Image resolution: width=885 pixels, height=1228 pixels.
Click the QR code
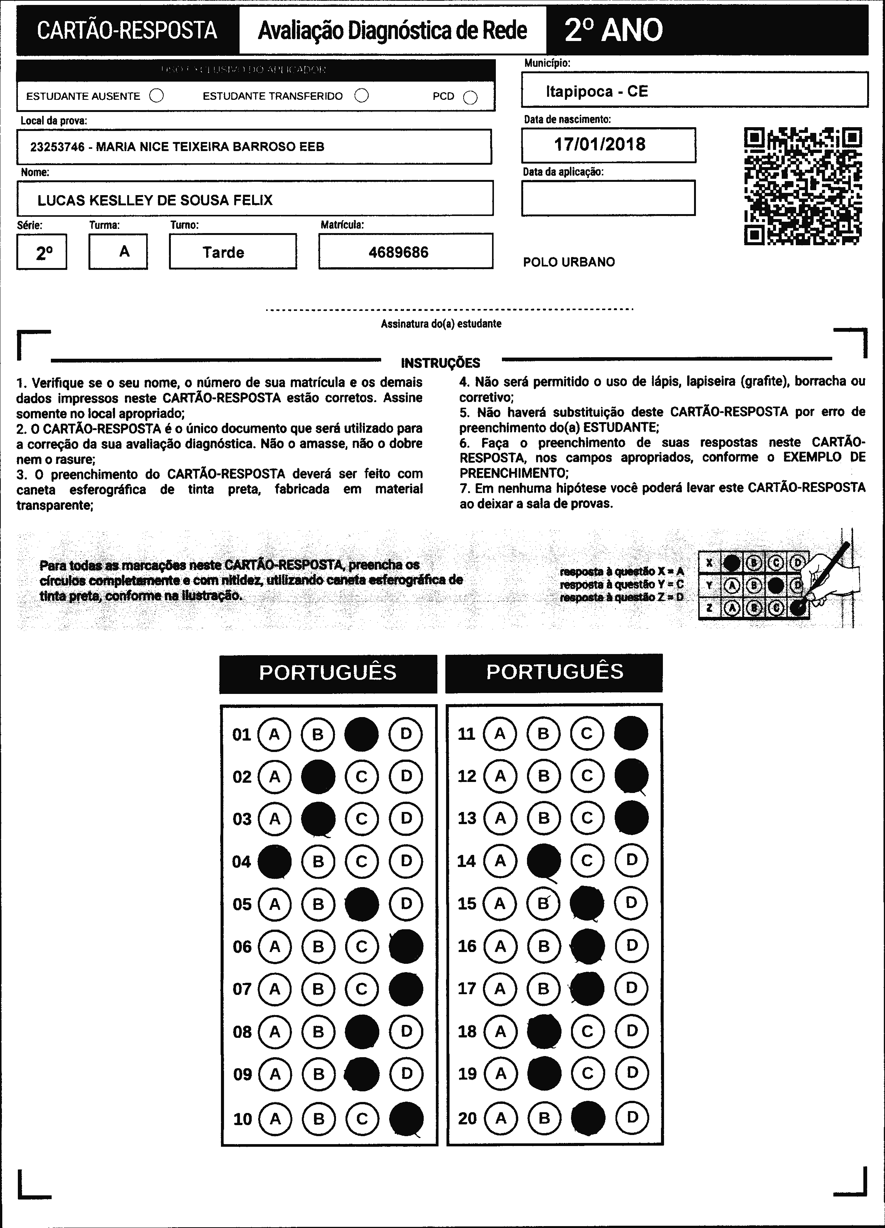pos(803,186)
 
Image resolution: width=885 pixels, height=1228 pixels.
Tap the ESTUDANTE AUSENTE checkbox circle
pos(156,96)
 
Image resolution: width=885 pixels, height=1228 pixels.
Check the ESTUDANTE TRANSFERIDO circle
pos(361,96)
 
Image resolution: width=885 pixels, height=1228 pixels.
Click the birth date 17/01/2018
pos(599,145)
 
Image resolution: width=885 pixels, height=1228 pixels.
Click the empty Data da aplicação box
pos(608,198)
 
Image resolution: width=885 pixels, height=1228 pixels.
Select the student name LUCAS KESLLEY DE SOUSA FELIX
pos(155,200)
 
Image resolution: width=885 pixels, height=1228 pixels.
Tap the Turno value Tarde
pos(223,252)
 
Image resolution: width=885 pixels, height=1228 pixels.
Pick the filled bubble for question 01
pos(361,734)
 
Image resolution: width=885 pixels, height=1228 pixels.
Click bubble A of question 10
pos(275,1119)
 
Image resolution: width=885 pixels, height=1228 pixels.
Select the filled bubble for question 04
pos(274,861)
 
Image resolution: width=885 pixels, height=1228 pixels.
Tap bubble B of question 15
pos(544,903)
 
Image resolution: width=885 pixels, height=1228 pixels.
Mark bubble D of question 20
pos(631,1117)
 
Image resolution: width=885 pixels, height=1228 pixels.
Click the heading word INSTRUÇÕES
pos(440,363)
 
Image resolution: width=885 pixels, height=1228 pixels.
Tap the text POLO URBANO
pos(569,262)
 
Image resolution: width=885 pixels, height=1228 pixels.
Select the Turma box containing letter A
pos(118,252)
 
